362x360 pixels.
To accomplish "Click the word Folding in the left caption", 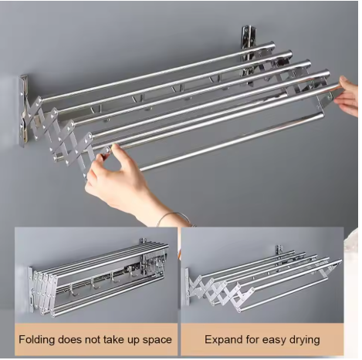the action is coord(37,340).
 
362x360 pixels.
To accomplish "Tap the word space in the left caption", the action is coord(157,340).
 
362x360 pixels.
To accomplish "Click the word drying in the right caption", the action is coord(305,340).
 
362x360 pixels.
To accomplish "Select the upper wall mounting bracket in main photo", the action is coord(246,44).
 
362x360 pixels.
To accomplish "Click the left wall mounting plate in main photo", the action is coord(23,110).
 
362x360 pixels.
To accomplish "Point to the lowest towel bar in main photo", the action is coord(232,140).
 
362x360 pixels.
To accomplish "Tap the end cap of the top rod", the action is coord(272,46).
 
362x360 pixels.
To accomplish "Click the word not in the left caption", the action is coord(92,340).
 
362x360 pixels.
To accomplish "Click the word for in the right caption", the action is coord(252,340).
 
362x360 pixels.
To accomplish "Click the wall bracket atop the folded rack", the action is coord(143,242).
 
